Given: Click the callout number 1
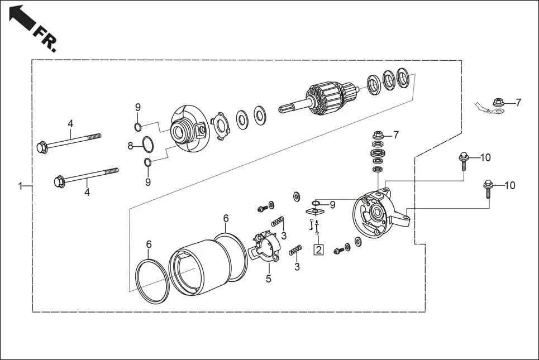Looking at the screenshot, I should (20, 186).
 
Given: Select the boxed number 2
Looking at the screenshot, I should (318, 249).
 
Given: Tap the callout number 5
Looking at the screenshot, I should (268, 279).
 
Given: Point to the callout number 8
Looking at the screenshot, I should (130, 146).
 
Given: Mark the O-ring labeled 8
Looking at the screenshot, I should (147, 145).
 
